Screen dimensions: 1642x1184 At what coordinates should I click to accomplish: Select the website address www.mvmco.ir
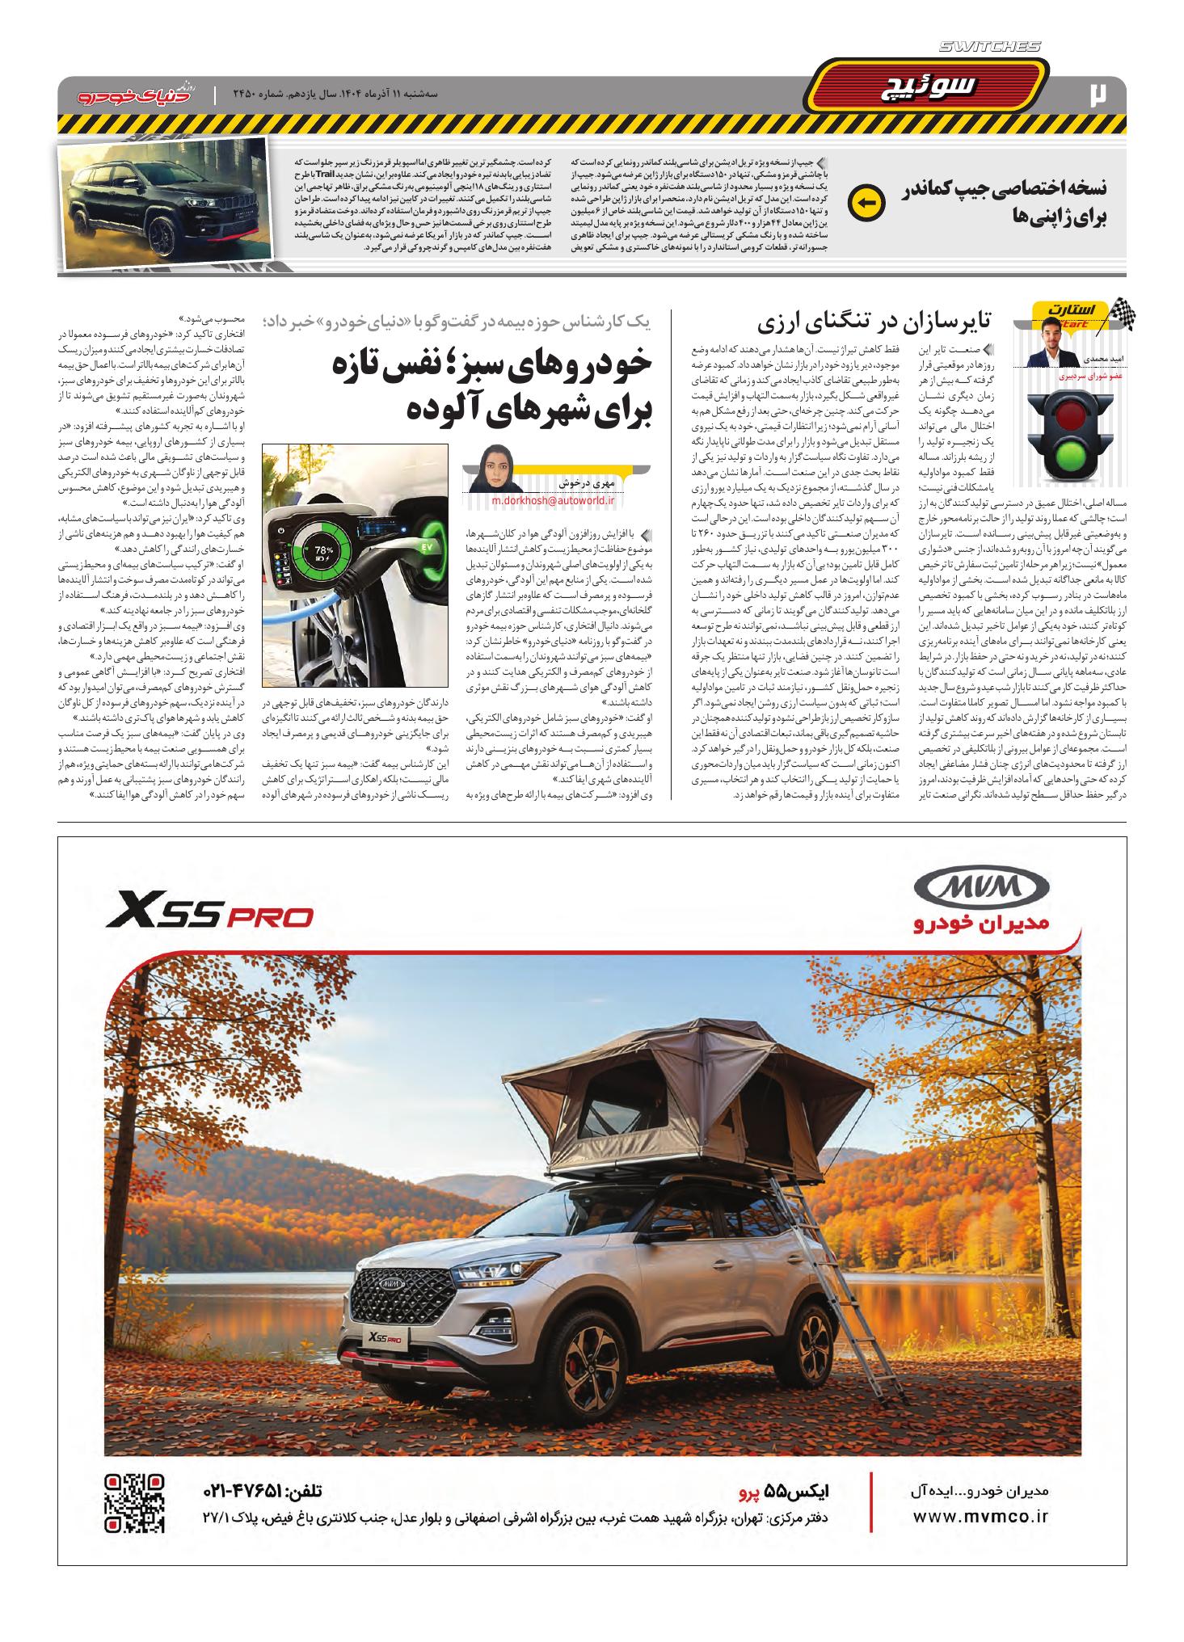point(980,1517)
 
